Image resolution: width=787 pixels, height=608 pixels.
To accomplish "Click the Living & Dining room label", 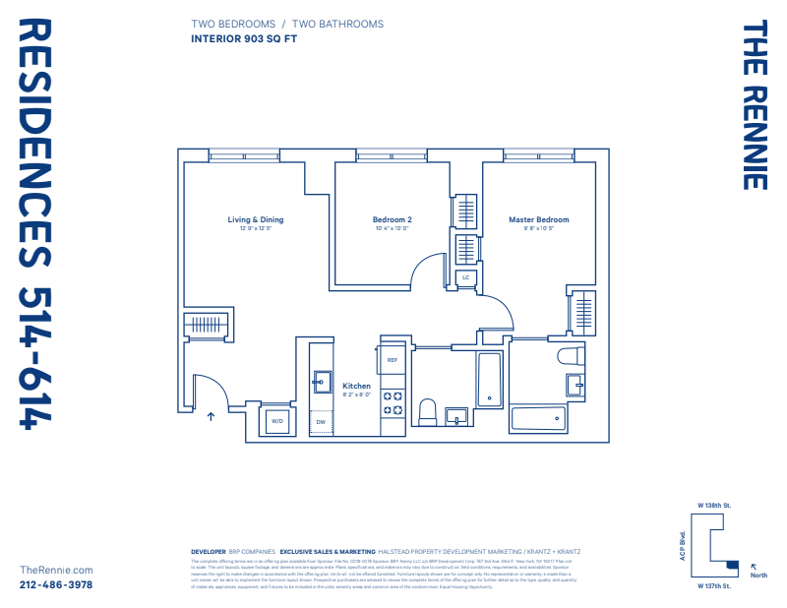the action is [x=255, y=219].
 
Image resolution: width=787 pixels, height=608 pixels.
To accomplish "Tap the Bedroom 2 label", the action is [x=392, y=219].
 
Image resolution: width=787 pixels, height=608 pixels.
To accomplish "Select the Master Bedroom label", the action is [x=538, y=219].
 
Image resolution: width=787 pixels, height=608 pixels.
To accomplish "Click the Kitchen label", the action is [x=356, y=386].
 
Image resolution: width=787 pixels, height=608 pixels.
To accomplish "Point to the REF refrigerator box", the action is [x=392, y=361].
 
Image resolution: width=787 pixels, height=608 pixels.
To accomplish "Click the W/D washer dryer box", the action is [x=276, y=422].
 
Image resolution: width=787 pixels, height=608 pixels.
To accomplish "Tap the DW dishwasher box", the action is [x=320, y=423].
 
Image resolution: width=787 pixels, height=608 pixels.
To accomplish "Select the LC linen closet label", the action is [x=466, y=278].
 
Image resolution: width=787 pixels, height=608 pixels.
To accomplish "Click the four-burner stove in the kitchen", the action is [x=393, y=402].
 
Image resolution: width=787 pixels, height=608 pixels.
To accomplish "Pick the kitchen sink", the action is [x=321, y=380].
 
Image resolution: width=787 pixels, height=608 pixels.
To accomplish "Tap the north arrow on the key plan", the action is [x=754, y=566].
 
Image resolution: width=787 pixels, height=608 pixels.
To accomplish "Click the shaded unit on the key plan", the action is [x=731, y=564].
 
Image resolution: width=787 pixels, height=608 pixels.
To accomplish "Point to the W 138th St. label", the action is [x=714, y=505].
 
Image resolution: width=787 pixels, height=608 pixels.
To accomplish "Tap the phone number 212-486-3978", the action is [x=56, y=584].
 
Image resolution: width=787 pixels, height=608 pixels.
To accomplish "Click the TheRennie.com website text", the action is [x=56, y=570].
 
